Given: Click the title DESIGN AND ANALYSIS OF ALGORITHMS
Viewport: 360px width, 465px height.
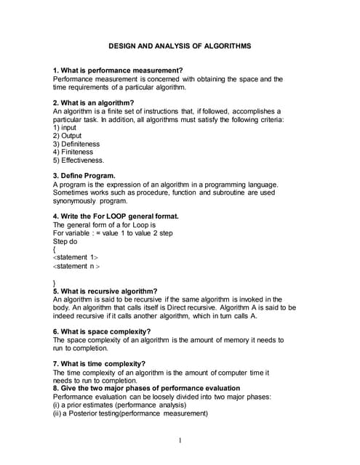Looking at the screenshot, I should click(180, 46).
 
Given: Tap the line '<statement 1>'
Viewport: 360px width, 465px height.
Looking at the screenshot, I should click(76, 258).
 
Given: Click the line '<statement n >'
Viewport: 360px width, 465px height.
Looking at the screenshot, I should click(76, 266).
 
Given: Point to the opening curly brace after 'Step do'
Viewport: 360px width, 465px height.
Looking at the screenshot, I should click(55, 250).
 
